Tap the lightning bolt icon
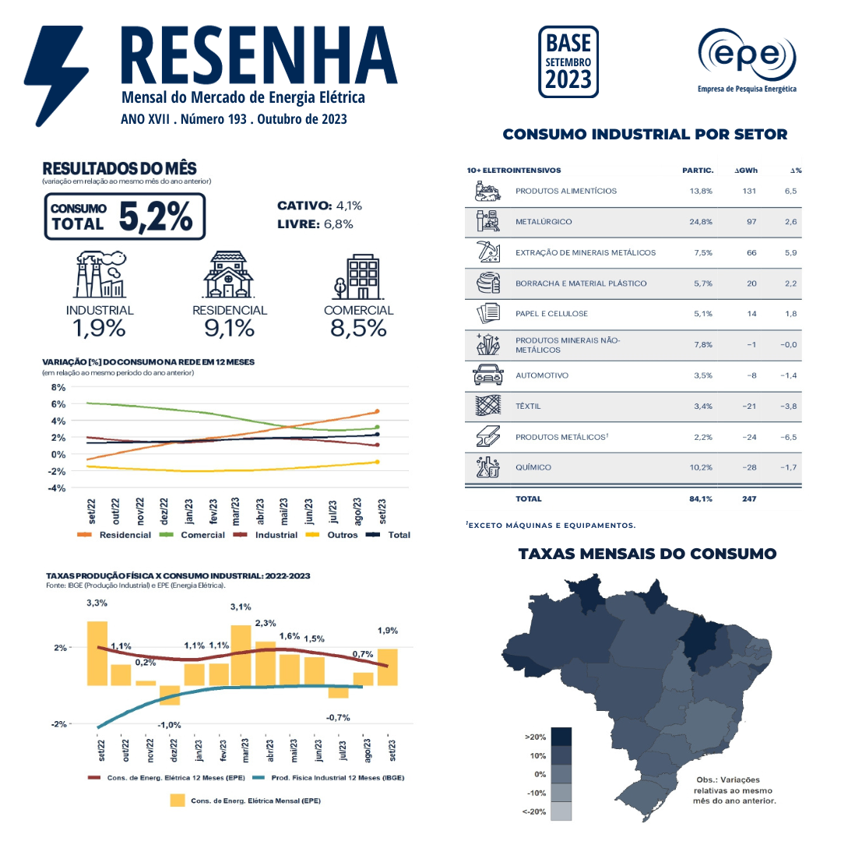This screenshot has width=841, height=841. click(x=56, y=74)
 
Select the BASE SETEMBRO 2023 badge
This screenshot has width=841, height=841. click(x=568, y=62)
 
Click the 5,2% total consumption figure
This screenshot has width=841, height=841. click(x=156, y=216)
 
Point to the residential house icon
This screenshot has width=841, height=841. click(x=228, y=276)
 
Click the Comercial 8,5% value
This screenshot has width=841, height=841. click(x=358, y=328)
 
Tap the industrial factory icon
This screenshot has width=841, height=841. click(x=100, y=276)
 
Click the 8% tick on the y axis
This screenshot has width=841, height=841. click(x=58, y=387)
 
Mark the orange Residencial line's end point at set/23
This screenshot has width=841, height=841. click(x=377, y=411)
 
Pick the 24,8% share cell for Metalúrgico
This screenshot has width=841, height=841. click(x=701, y=222)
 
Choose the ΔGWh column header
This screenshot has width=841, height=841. click(x=746, y=171)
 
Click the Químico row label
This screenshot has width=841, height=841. click(x=533, y=467)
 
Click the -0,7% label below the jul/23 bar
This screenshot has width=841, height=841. click(x=338, y=716)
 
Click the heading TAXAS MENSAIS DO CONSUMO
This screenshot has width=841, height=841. click(x=647, y=554)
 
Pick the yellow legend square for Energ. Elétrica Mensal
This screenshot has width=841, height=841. click(x=178, y=801)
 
